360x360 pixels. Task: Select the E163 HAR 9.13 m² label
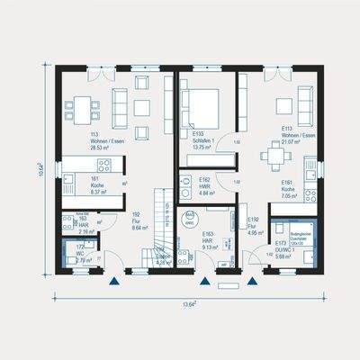coord(206,238)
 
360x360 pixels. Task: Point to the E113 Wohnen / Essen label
coord(291,134)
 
